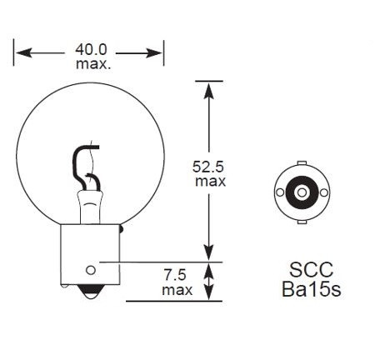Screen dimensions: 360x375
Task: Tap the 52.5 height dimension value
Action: click(x=208, y=166)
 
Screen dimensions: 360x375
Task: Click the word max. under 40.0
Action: click(x=90, y=64)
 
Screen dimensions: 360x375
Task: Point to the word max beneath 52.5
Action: click(x=210, y=180)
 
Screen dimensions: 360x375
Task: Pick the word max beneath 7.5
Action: click(x=177, y=289)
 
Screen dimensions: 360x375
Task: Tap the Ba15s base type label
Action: click(x=312, y=290)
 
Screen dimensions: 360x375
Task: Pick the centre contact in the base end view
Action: click(x=300, y=192)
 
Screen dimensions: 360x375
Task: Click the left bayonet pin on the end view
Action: click(x=277, y=192)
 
